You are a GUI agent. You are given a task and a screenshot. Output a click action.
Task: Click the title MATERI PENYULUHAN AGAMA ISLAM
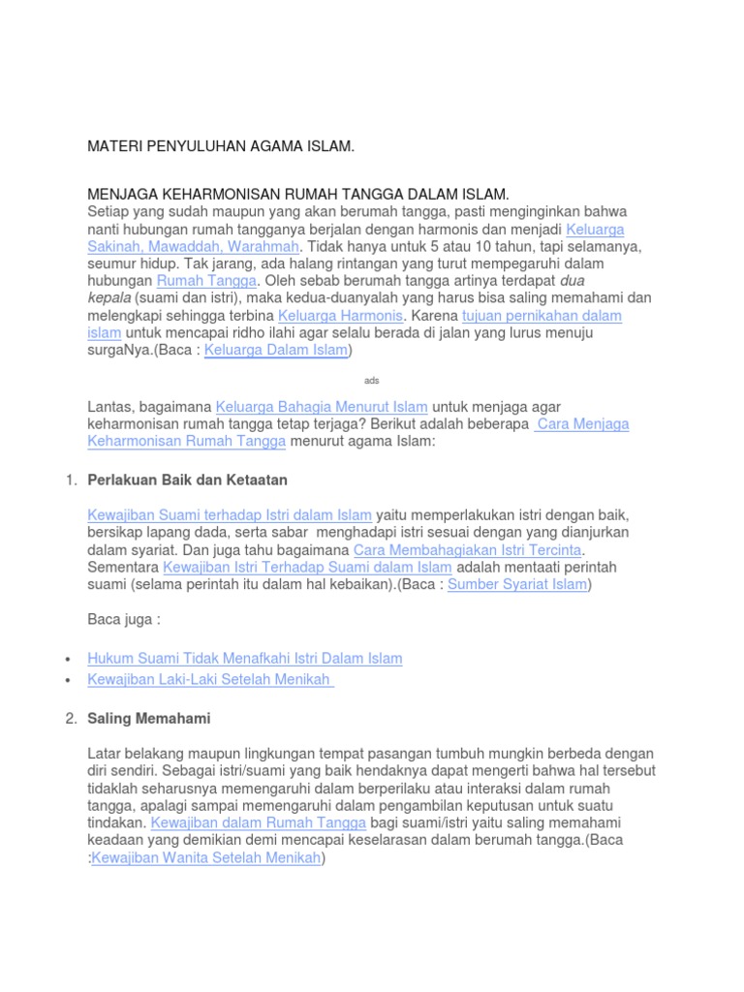(221, 146)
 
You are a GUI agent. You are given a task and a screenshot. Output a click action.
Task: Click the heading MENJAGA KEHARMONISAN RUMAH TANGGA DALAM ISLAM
(297, 195)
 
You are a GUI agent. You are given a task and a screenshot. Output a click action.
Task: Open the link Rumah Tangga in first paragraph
(206, 281)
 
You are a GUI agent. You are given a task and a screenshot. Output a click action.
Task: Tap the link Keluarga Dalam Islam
(275, 351)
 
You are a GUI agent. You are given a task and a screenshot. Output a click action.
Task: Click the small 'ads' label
(371, 381)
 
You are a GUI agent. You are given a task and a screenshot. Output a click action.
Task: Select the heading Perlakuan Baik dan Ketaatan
(187, 480)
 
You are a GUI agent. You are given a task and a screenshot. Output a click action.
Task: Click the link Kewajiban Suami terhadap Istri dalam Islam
(230, 515)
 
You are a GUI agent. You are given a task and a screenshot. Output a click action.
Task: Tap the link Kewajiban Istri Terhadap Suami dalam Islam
(307, 568)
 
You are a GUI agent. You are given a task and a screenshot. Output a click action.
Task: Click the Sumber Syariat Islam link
(517, 585)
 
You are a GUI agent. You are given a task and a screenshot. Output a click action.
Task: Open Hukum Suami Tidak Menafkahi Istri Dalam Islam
(244, 659)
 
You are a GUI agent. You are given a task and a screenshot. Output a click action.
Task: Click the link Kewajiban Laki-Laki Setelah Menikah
(210, 680)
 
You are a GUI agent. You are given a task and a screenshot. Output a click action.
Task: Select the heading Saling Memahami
(148, 719)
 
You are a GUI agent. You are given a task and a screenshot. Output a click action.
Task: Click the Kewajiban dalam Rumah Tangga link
(259, 823)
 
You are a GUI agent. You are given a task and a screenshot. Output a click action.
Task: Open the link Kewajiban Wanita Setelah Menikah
(205, 858)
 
